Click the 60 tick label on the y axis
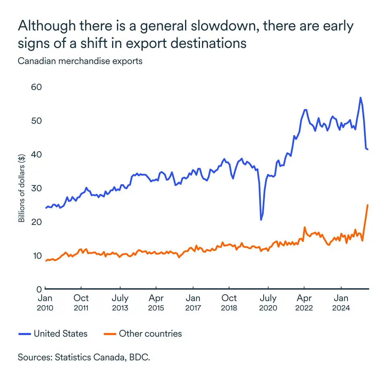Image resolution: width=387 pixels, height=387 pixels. click(x=37, y=87)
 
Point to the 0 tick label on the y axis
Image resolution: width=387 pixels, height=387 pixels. click(x=39, y=289)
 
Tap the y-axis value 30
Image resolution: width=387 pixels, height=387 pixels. click(x=37, y=188)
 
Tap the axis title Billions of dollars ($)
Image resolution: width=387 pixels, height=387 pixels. click(x=21, y=188)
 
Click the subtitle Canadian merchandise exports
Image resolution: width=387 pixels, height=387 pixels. click(x=80, y=62)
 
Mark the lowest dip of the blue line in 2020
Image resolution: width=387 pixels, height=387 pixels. click(x=261, y=220)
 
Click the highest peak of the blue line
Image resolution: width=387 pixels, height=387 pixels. click(x=360, y=98)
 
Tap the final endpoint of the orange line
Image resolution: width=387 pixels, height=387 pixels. click(x=368, y=205)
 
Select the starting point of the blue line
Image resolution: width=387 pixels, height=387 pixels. click(x=46, y=208)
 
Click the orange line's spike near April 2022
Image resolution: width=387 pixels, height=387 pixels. click(x=304, y=227)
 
